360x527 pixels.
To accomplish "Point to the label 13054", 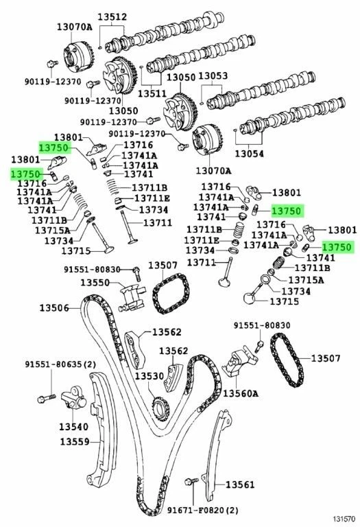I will (x=249, y=153).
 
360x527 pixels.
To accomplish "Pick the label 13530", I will (x=149, y=377).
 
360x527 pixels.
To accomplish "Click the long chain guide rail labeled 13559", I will (x=99, y=425).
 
